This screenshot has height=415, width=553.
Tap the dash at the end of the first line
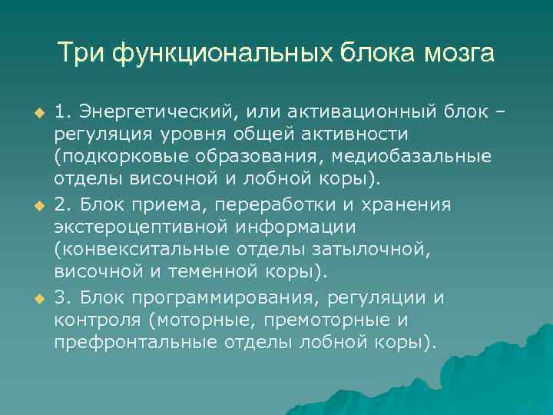(502, 113)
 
